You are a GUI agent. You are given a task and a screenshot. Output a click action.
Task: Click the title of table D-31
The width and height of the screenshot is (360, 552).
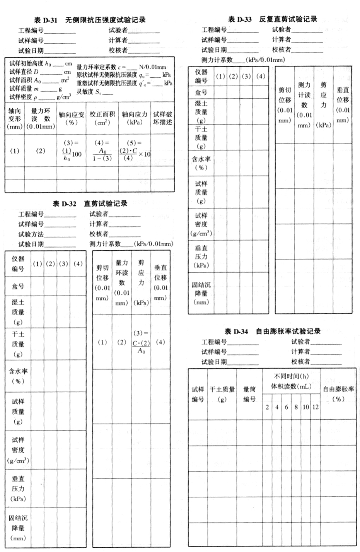pos(90,20)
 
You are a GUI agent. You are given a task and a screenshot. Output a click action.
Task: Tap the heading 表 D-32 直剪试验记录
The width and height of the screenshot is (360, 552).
pos(90,203)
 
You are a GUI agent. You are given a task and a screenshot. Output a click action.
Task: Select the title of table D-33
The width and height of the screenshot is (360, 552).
pos(273,19)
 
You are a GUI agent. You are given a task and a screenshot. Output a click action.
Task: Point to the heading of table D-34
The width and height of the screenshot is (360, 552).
pos(273,331)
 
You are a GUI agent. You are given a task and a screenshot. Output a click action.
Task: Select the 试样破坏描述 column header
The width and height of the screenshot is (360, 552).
pos(162,118)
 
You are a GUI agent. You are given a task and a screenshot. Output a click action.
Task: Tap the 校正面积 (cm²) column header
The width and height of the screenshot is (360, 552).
pos(102,118)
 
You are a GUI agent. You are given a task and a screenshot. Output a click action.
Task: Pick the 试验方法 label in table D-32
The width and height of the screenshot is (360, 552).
pos(31,234)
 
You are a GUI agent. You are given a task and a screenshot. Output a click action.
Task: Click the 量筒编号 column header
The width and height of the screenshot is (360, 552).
pos(249,394)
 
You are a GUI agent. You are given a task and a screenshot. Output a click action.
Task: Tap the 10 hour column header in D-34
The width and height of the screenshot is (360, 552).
pos(306,407)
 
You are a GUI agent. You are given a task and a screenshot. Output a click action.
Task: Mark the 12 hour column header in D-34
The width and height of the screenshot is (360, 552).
pos(316,407)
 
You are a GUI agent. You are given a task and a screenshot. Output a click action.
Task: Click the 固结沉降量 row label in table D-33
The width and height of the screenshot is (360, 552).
pos(201,293)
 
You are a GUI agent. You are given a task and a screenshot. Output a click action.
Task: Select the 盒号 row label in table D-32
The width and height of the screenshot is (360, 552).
pos(18,286)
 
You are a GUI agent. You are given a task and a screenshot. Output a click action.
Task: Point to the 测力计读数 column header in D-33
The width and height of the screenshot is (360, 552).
pos(304,105)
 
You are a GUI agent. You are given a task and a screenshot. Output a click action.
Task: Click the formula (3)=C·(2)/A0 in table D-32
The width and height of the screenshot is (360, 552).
pos(141,342)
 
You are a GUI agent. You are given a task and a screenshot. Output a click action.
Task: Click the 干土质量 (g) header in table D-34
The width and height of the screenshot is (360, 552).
pos(222,394)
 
